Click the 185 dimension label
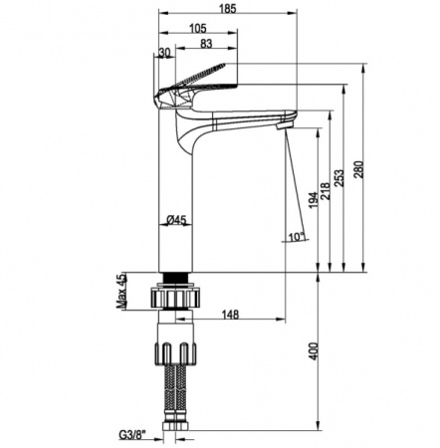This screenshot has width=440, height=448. point(228,9)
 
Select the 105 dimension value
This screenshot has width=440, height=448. point(198,29)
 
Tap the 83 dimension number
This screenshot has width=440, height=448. point(206,44)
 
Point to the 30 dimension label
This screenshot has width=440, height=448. point(164,53)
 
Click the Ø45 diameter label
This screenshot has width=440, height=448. point(176,219)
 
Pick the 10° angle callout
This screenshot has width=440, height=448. point(297,237)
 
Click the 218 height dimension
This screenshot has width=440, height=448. point(326,190)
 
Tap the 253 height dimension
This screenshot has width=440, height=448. point(340,178)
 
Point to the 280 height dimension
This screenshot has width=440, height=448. point(359,169)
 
